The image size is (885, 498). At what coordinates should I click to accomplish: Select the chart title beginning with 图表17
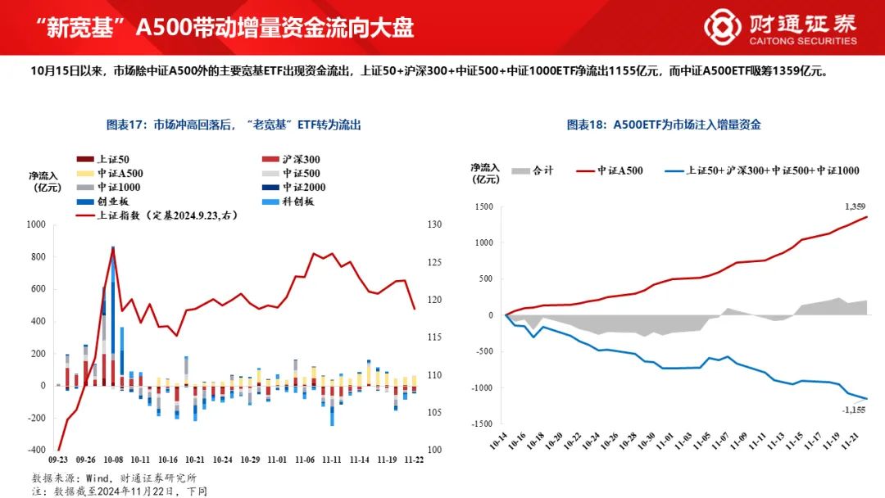tap(234, 124)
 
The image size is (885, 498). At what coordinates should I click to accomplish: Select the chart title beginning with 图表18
tap(664, 124)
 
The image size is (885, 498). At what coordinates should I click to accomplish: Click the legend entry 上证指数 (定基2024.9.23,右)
tap(151, 215)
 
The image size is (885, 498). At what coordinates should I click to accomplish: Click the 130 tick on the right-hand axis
tap(434, 224)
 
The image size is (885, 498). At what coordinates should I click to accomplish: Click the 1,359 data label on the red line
tap(854, 206)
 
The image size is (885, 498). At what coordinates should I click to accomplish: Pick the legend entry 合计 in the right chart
tap(532, 170)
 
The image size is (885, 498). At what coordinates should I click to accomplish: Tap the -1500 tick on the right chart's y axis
tap(483, 423)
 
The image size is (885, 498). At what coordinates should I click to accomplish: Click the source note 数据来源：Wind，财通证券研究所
tap(114, 478)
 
